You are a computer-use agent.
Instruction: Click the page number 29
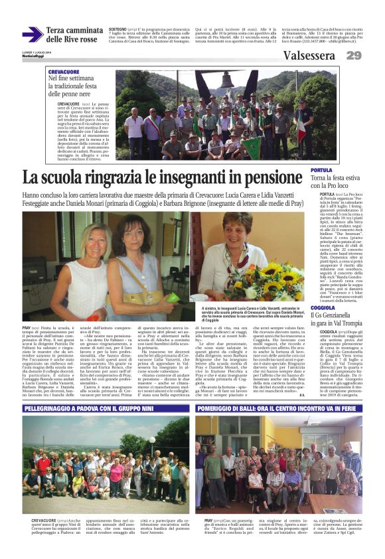tap(353, 55)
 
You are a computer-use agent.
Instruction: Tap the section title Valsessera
tap(308, 55)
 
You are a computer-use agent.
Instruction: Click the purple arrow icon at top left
tap(32, 34)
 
